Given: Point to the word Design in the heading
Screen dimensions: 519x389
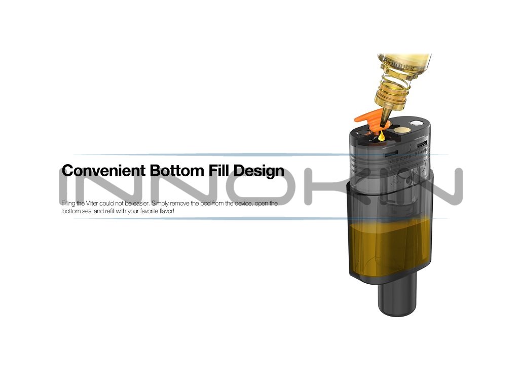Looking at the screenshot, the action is pyautogui.click(x=259, y=171).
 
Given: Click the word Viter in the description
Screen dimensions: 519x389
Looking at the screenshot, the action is pyautogui.click(x=89, y=204).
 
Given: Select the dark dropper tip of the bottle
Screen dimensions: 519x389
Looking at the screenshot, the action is pyautogui.click(x=384, y=120).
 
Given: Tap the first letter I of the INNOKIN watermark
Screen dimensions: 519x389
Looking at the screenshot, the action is pyautogui.click(x=67, y=187).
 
